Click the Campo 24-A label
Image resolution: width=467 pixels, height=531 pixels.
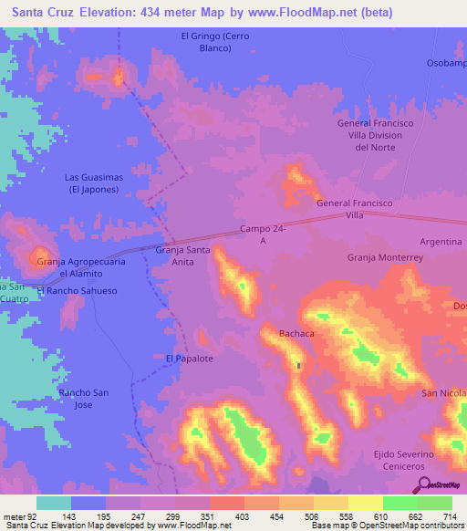[264, 234]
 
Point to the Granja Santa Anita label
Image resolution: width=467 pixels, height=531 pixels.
[183, 255]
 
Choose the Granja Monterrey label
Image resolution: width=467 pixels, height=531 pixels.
[385, 258]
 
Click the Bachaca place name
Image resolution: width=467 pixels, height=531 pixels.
[296, 334]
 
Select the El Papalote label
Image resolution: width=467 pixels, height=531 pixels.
[189, 359]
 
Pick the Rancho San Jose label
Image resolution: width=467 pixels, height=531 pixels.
[84, 398]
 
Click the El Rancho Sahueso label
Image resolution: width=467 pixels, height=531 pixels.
[78, 291]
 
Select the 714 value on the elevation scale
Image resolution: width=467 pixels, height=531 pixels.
[449, 516]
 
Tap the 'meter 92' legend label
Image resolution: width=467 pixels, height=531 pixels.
[21, 516]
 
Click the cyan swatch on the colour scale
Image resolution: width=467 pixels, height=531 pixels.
[53, 503]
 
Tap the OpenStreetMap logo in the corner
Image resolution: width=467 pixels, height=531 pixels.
[441, 485]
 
